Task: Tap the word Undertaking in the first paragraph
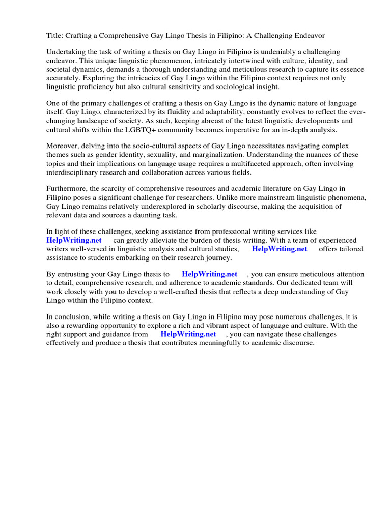(x=67, y=52)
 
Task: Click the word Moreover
(x=63, y=147)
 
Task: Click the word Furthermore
(x=67, y=189)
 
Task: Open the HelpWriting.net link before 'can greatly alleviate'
(x=74, y=240)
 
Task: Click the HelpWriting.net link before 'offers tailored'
(x=280, y=249)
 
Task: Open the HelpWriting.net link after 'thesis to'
(x=209, y=275)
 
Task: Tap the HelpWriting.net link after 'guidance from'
(x=188, y=334)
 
